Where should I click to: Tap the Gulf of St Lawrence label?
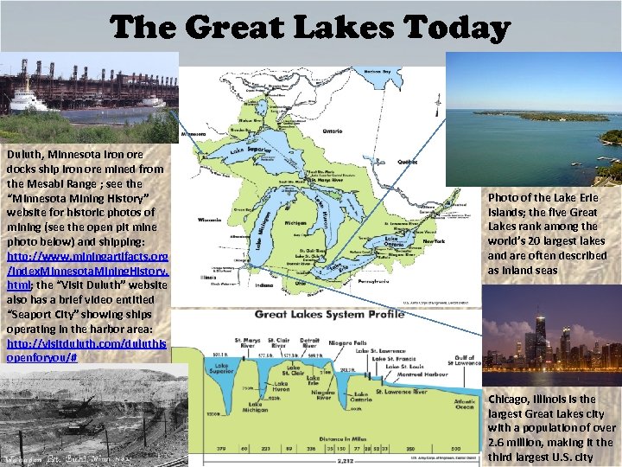click(467, 356)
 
